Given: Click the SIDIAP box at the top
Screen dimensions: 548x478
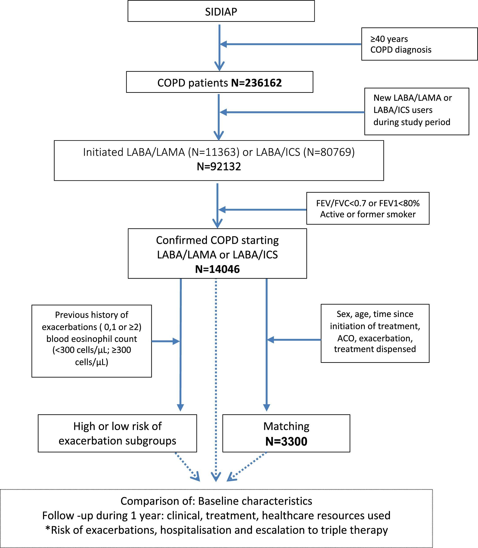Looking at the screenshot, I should (x=221, y=11).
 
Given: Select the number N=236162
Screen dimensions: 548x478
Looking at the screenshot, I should (x=256, y=83).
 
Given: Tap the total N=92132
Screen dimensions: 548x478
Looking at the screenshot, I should (x=219, y=167).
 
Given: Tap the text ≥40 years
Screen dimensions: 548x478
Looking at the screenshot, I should (x=389, y=39).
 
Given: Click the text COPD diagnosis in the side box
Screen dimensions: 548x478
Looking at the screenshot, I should (x=401, y=50).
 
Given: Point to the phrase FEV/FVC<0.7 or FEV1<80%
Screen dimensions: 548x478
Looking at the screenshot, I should (x=367, y=203).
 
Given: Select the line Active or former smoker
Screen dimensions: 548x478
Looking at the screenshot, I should (x=367, y=214).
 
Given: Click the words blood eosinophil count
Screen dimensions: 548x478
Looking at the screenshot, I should (x=92, y=339).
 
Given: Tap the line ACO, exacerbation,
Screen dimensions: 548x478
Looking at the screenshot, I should (x=375, y=338).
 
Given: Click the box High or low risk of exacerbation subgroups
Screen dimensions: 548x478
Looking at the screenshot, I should (x=117, y=433).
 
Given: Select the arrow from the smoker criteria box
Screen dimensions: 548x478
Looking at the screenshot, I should (x=263, y=210).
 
